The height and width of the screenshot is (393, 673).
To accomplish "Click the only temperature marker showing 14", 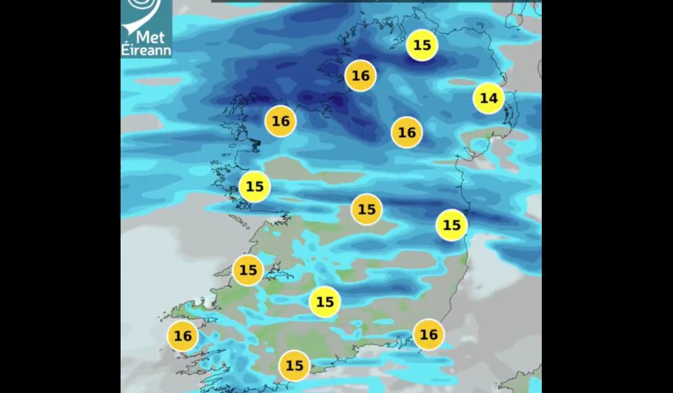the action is click(488, 98).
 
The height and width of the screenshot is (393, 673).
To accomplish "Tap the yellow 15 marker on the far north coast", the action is click(422, 45).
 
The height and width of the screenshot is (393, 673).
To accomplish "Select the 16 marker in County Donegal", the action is click(360, 76).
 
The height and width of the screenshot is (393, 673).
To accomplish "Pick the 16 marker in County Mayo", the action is click(280, 121).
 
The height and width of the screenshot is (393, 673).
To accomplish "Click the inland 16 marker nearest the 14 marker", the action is click(407, 132).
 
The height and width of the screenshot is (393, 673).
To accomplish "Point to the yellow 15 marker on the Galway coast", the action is click(255, 186).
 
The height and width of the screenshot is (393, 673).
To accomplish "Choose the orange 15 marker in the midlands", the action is click(366, 209).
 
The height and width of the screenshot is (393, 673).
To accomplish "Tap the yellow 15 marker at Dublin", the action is click(451, 225).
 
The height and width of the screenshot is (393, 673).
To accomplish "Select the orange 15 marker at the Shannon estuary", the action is click(248, 270).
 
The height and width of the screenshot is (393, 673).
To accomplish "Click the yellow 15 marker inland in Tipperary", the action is click(325, 302).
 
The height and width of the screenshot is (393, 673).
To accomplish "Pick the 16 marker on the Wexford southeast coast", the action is click(428, 335).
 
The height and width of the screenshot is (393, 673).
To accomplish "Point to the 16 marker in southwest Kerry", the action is click(183, 336).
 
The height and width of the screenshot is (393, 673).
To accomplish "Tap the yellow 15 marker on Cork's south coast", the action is click(294, 366).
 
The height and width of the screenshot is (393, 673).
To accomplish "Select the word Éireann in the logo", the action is click(146, 51).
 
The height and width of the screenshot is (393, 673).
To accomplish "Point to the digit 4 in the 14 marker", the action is click(493, 98).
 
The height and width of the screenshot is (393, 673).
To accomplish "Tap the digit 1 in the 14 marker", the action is click(483, 98).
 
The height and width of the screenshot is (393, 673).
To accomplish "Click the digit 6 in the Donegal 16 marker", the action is click(365, 76).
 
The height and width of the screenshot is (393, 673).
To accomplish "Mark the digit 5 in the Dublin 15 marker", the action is click(457, 225).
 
